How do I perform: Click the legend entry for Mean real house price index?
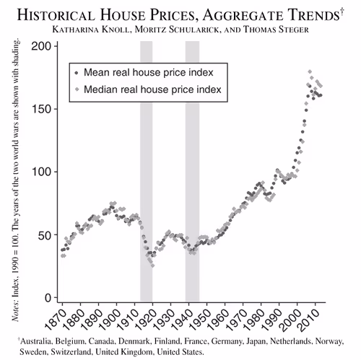coord(147,73)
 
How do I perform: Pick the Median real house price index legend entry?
coord(152,89)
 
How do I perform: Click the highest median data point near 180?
coord(310,72)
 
